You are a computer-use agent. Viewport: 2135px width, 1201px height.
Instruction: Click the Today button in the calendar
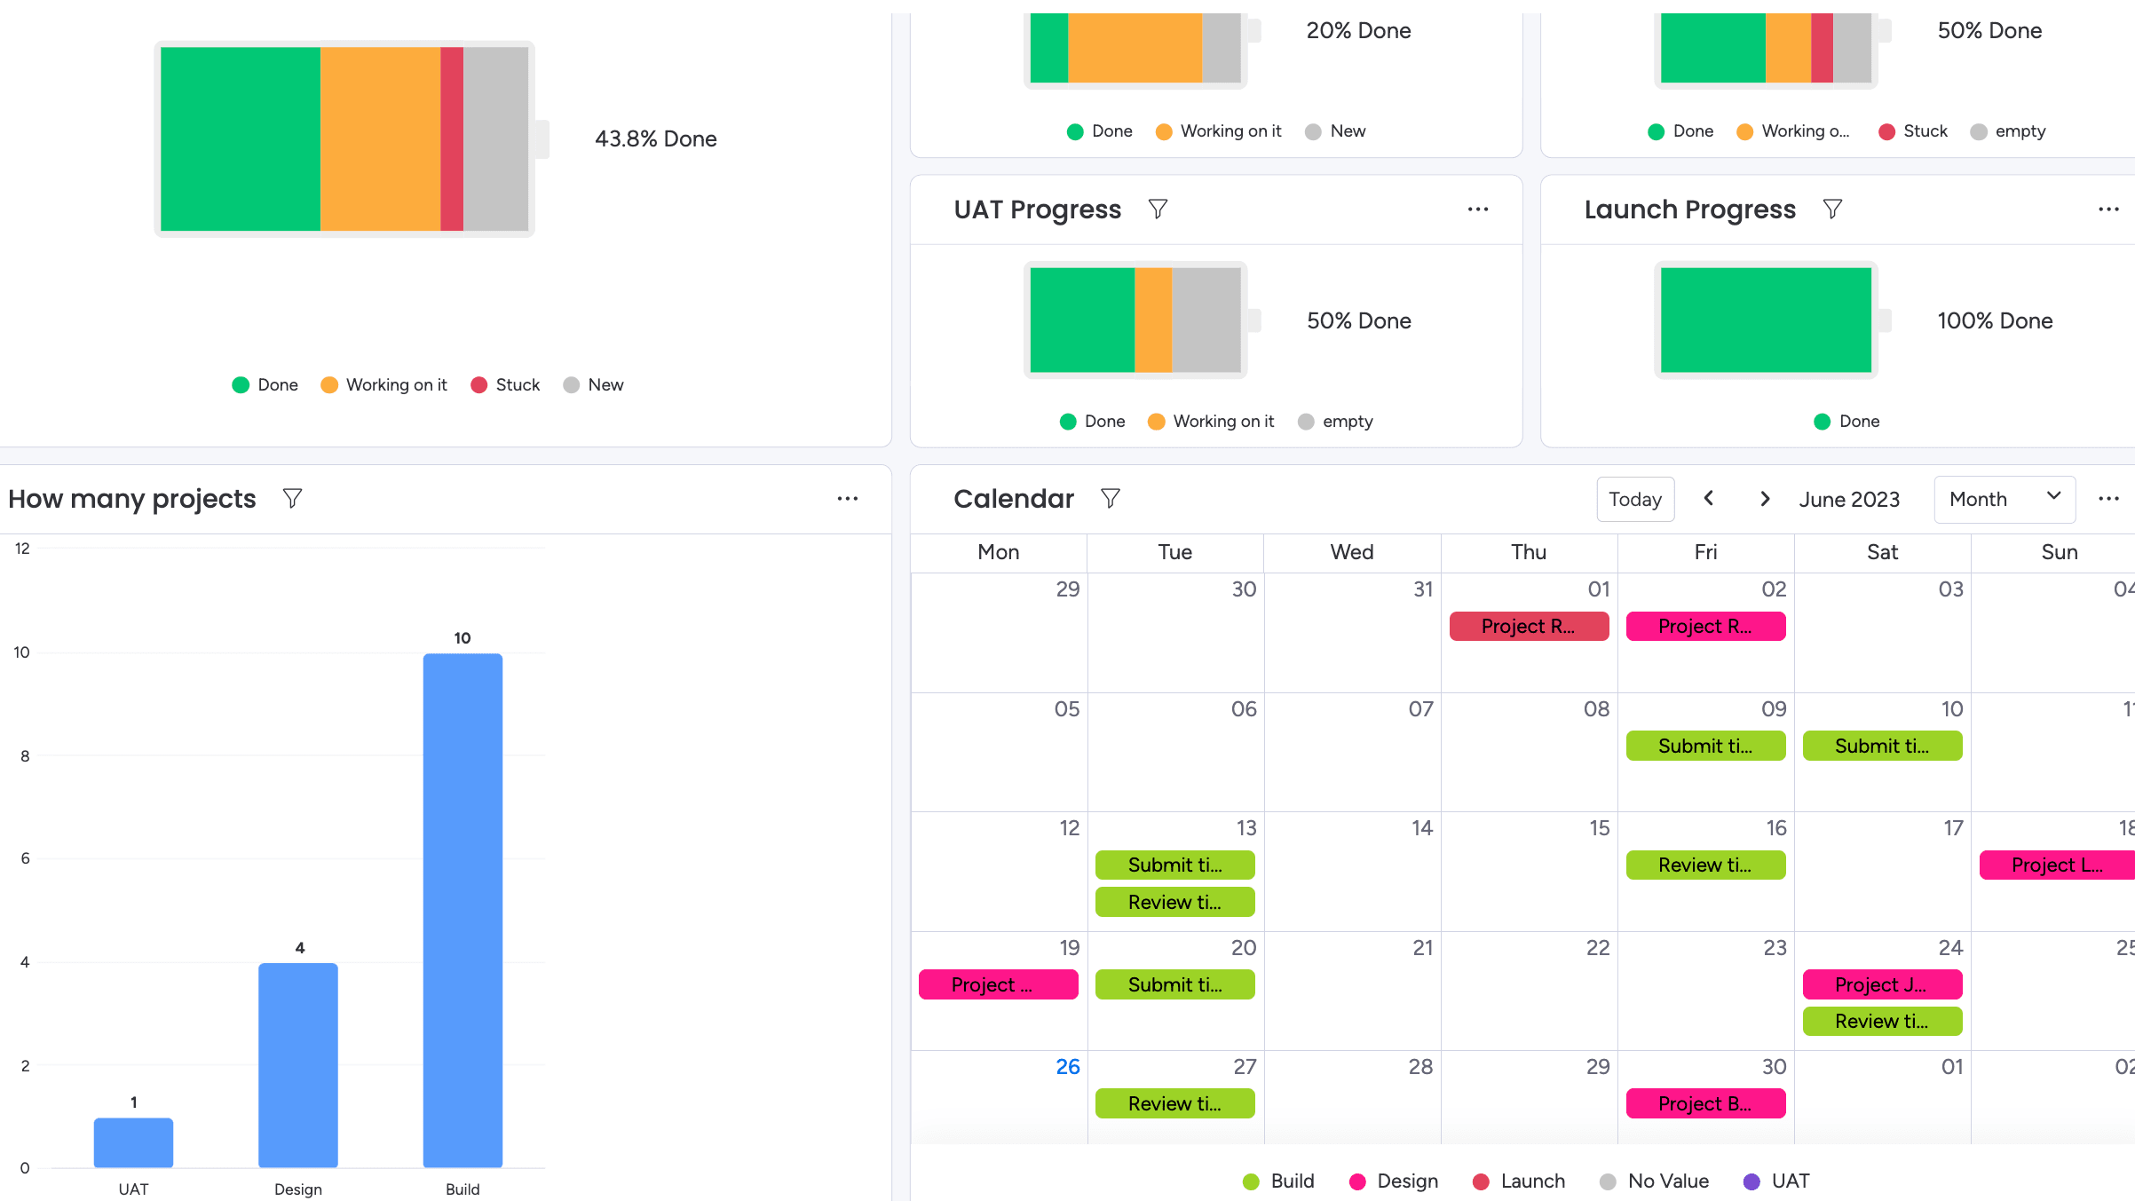coord(1635,500)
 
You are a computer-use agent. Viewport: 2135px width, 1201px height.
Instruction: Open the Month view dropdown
coord(2004,500)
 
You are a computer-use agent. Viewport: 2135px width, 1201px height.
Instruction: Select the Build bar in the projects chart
coord(463,910)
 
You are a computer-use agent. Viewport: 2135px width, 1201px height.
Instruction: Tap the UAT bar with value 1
coord(133,1142)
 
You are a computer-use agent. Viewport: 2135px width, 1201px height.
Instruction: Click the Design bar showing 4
coord(298,1064)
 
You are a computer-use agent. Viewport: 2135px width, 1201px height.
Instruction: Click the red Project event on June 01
coord(1528,627)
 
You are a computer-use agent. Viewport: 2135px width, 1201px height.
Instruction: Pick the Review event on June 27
coord(1174,1104)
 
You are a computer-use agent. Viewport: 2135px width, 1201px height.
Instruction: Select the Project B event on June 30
coord(1704,1104)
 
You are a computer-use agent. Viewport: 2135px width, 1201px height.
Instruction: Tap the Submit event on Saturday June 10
coord(1882,747)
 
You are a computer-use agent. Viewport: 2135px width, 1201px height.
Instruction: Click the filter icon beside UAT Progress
coord(1158,209)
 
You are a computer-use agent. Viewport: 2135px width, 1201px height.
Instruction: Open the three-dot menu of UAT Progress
coord(1478,209)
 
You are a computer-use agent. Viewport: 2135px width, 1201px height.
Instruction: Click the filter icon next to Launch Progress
coord(1832,209)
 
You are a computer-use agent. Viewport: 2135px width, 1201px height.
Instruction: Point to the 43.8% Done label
coord(655,139)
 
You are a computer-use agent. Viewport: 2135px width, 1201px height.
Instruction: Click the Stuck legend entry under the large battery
coord(505,385)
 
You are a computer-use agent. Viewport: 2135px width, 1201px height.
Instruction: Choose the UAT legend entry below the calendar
coord(1776,1181)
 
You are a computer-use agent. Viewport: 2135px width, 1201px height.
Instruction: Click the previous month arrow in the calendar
coord(1709,499)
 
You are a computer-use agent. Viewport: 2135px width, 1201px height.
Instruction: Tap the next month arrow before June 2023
coord(1765,499)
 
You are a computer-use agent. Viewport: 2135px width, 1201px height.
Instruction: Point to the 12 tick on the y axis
coord(23,549)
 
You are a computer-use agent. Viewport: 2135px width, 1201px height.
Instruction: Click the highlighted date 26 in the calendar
coord(1068,1067)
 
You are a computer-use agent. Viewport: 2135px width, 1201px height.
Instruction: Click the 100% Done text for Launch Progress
coord(1995,321)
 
